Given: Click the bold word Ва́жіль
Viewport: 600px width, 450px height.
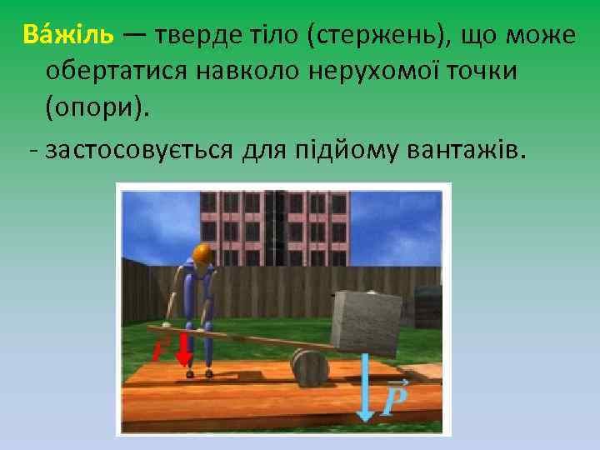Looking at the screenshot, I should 70,37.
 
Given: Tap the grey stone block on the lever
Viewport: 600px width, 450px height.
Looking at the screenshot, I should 366,320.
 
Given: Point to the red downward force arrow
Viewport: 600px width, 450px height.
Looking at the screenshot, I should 185,352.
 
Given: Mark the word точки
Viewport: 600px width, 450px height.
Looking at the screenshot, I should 482,72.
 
